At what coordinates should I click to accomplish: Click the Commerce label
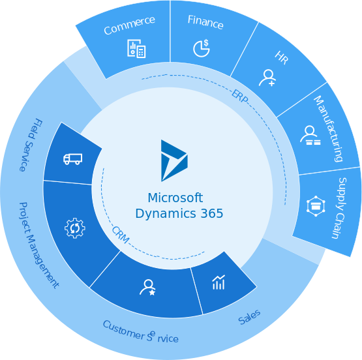point(129,25)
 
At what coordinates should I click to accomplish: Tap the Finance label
point(205,22)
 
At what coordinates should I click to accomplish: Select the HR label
point(282,57)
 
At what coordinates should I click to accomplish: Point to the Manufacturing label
point(328,128)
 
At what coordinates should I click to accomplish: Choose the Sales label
point(249,317)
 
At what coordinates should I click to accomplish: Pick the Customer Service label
point(140,331)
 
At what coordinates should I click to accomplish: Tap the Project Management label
point(38,245)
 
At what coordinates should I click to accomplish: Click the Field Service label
point(31,145)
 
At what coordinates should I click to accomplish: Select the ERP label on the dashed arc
point(240,96)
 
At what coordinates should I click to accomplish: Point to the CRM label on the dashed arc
point(121,235)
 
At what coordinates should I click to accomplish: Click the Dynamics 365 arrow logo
point(174,160)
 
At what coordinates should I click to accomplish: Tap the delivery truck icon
point(72,159)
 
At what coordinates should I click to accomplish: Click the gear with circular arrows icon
point(75,228)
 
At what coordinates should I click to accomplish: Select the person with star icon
point(148,288)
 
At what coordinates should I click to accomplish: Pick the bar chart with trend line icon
point(219,282)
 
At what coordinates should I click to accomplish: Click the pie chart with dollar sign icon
point(202,48)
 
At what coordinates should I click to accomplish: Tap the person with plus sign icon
point(267,78)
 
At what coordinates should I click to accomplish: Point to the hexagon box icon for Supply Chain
point(316,206)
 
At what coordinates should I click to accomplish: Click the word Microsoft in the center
point(175,198)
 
